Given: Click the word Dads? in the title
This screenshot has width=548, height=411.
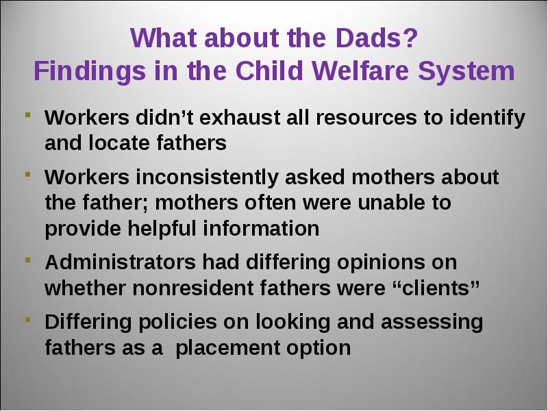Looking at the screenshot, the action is pos(376,38).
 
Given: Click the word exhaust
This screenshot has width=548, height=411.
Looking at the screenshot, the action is pos(239,117).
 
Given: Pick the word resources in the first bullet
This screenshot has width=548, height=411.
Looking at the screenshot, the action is pos(366,118).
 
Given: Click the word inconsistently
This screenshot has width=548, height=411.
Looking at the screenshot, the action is pos(207,178).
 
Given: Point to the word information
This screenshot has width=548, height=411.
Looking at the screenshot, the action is pos(261,229).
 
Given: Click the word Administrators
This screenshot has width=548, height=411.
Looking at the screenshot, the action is pos(121,262).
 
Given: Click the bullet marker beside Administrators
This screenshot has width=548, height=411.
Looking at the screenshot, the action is pos(28,260).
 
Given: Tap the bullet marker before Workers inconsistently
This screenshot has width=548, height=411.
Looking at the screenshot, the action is pos(28,175).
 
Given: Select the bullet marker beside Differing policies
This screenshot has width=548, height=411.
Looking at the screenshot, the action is pos(28,320).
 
